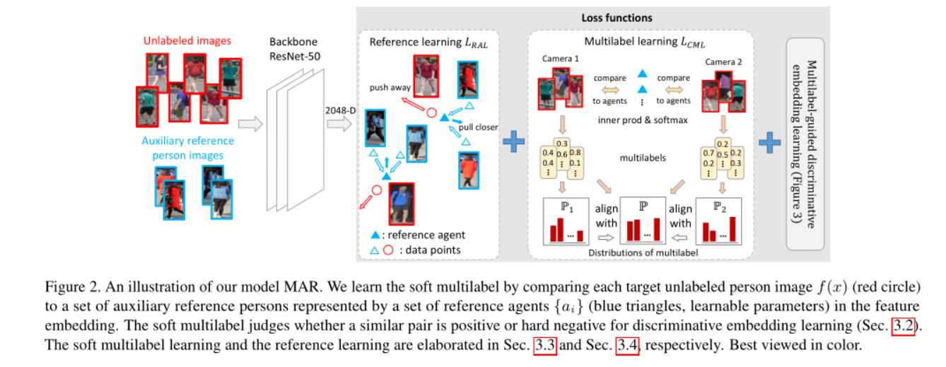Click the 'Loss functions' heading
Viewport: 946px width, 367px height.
(x=617, y=17)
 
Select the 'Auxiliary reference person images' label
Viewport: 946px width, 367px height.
(x=187, y=148)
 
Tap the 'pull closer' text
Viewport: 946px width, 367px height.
(x=477, y=127)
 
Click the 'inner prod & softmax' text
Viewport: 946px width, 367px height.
(x=643, y=120)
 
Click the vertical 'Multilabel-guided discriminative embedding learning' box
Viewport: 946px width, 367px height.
(x=805, y=144)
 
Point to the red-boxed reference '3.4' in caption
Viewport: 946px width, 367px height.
(x=626, y=346)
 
